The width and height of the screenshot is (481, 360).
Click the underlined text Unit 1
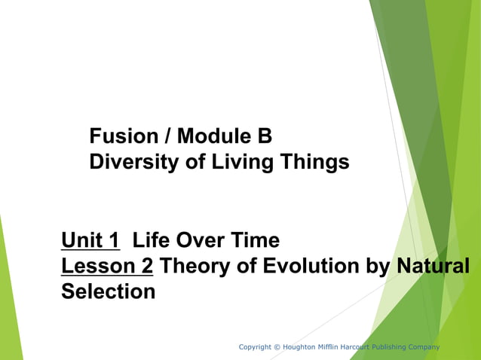[x=90, y=241]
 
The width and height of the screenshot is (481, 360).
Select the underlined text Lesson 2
[x=108, y=266]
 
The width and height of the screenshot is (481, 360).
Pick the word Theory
[x=192, y=266]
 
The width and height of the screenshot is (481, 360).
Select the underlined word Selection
[x=108, y=291]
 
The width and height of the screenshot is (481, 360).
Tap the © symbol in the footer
[x=277, y=346]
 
